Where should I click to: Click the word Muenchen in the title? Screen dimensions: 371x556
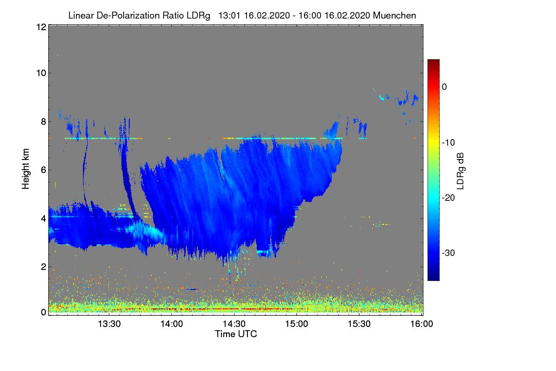pyautogui.click(x=394, y=15)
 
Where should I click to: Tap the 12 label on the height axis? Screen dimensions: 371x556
pyautogui.click(x=40, y=27)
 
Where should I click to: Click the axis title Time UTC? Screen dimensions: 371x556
pyautogui.click(x=236, y=334)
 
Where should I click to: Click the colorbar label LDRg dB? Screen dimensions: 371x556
pyautogui.click(x=461, y=170)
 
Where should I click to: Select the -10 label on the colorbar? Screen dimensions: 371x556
pyautogui.click(x=448, y=142)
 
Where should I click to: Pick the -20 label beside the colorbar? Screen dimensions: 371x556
pyautogui.click(x=448, y=198)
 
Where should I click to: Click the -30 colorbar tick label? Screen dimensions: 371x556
pyautogui.click(x=448, y=253)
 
